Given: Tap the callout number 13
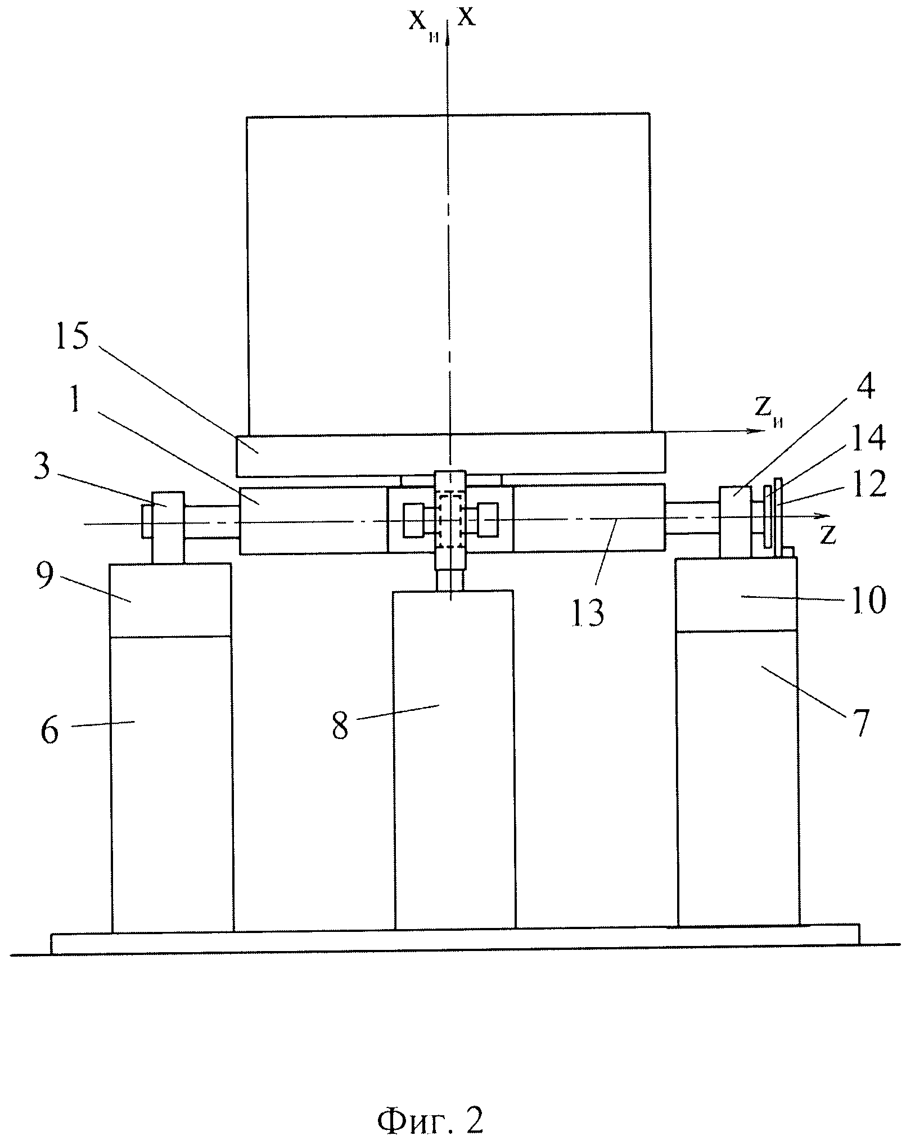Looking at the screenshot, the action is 588,612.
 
